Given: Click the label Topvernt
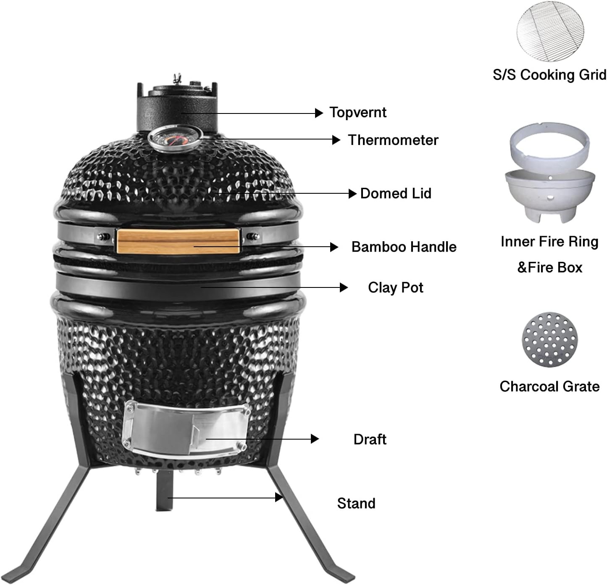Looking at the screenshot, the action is (x=358, y=113).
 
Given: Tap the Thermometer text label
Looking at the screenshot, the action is (x=393, y=140).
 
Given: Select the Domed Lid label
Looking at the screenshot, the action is (x=396, y=193).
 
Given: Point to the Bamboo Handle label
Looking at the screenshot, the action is (x=404, y=247).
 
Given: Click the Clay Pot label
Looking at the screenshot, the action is (x=396, y=287).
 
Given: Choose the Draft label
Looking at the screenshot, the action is (x=370, y=439).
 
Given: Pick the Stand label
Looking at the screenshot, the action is (x=356, y=503).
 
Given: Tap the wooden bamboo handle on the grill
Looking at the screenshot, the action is (x=178, y=241).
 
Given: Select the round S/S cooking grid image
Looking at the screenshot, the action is (x=550, y=31).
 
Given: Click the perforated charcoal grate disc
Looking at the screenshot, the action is (x=549, y=340).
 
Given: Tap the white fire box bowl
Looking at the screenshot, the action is (x=550, y=196).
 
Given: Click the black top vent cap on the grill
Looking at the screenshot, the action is (x=177, y=106).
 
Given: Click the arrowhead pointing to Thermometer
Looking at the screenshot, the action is (x=336, y=140).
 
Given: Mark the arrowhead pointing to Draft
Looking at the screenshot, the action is (x=315, y=439).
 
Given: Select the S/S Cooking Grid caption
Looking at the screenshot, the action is (x=549, y=75).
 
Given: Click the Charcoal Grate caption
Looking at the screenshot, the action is (x=549, y=387).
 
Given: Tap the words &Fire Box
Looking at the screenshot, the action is (x=549, y=268).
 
